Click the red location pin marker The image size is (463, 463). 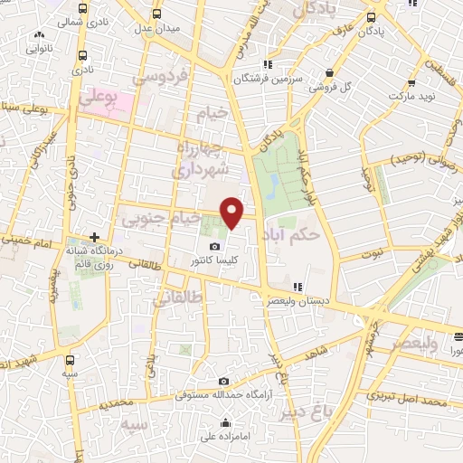(232, 212)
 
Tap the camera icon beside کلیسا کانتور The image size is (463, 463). (214, 246)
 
